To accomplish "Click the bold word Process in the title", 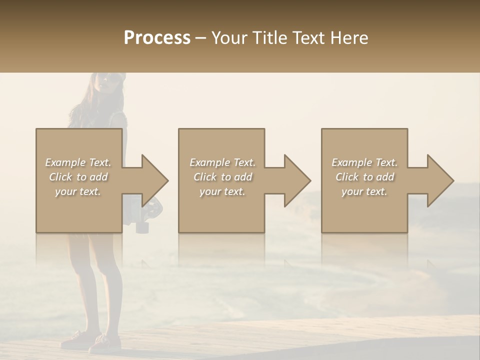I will point(157,38).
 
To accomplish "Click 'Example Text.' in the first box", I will point(78,162).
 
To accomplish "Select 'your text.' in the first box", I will point(78,191).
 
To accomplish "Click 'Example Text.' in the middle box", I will point(222,162).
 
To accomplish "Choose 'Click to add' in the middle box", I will point(222,177).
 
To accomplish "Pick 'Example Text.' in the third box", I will point(364,162).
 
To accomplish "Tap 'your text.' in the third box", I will point(364,191).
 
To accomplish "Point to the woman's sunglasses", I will point(111,77).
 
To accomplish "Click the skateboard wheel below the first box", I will point(142,227).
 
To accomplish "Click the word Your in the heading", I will point(228,38).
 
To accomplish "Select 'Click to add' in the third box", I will point(364,177).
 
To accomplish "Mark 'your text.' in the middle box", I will point(222,191).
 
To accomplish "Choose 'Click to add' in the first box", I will point(78,177).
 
